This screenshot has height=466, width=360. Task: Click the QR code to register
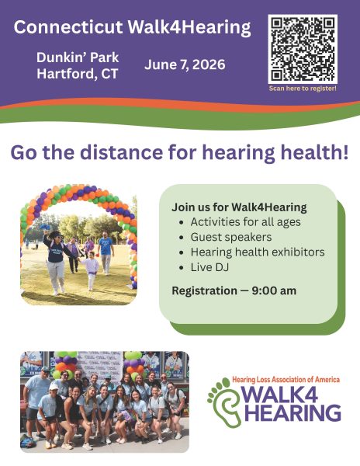tap(303, 49)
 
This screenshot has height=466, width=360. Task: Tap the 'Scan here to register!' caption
tap(303, 89)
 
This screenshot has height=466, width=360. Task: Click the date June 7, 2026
tap(185, 64)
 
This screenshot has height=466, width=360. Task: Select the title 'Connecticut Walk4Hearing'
tap(132, 27)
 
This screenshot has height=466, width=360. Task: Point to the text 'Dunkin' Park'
tap(78, 57)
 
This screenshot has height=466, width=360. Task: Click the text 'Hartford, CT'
tap(78, 74)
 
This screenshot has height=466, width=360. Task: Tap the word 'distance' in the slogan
tap(121, 152)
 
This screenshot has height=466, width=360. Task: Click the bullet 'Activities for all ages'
tap(245, 221)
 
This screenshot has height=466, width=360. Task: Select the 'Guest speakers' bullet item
tap(231, 237)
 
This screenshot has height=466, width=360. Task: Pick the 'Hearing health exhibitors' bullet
tap(258, 252)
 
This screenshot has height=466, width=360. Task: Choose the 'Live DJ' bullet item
tap(209, 267)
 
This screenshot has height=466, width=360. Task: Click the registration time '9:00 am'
tap(274, 290)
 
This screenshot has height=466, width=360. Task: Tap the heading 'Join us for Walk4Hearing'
tap(239, 207)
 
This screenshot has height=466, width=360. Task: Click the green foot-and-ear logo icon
tap(225, 402)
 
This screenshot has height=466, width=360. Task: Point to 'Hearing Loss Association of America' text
tap(286, 380)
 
